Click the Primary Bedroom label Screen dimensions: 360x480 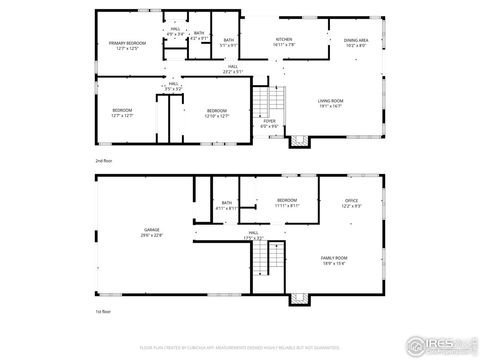point(126,46)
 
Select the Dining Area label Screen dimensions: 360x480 point(356,43)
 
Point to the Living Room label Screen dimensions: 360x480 point(331,103)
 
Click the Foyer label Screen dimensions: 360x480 point(269,123)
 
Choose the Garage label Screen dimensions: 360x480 point(152,230)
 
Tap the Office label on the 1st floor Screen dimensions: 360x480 point(352,203)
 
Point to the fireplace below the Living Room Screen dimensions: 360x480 point(298,141)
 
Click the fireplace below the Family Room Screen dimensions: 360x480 point(298,299)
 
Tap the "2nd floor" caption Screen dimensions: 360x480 point(103,159)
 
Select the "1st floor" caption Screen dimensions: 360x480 point(103,313)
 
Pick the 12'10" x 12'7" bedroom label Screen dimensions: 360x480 point(217,112)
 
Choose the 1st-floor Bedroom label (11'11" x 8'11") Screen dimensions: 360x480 point(287,203)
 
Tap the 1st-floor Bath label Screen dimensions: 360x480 point(227,205)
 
